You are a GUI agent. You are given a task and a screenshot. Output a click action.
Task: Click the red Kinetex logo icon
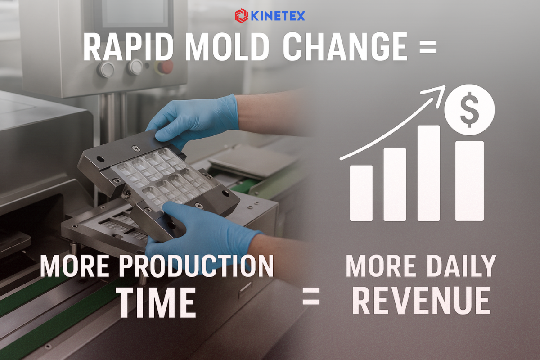coord(241,16)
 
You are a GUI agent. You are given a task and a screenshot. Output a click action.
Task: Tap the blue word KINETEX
coord(278,16)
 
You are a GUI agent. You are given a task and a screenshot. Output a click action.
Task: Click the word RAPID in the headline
coord(128,46)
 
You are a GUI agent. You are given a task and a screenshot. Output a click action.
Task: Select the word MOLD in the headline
coord(227,46)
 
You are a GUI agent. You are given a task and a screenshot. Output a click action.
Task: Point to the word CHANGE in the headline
coord(345,46)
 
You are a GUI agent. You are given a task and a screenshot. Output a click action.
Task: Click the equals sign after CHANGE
coord(428,46)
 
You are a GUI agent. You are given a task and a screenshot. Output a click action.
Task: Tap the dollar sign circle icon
coord(469,109)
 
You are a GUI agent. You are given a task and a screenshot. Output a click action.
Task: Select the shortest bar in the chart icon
coord(361,193)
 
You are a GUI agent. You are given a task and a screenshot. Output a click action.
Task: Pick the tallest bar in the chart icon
coord(429,173)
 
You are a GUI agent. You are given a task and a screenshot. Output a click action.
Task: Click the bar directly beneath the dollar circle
coord(469,181)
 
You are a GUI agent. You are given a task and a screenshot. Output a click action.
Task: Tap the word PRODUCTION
coord(197,266)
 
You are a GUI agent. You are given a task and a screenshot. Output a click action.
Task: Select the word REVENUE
coord(422,300)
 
